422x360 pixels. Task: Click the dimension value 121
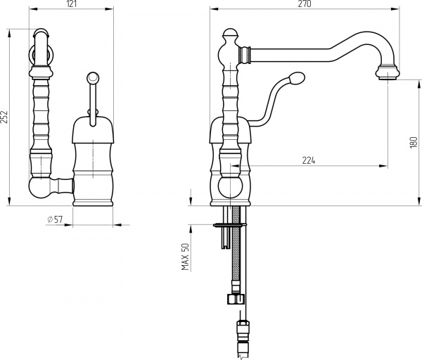pyautogui.click(x=71, y=4)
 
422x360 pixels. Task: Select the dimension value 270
pyautogui.click(x=305, y=4)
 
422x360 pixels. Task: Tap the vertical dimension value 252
pyautogui.click(x=4, y=117)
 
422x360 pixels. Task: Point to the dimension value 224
pyautogui.click(x=309, y=160)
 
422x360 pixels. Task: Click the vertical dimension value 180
pyautogui.click(x=414, y=143)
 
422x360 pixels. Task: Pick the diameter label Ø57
pyautogui.click(x=55, y=219)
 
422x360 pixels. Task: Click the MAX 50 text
pyautogui.click(x=186, y=257)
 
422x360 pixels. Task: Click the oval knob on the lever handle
pyautogui.click(x=297, y=78)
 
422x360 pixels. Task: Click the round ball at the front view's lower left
pyautogui.click(x=39, y=188)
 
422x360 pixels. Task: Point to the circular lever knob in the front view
pyautogui.click(x=93, y=78)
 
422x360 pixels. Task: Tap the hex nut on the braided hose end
pyautogui.click(x=236, y=299)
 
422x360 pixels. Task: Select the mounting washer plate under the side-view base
pyautogui.click(x=229, y=225)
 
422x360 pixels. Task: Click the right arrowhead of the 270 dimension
pyautogui.click(x=395, y=9)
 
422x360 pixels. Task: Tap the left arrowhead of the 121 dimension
pyautogui.click(x=33, y=9)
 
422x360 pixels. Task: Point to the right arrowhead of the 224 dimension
pyautogui.click(x=383, y=166)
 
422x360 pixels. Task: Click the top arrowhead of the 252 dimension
pyautogui.click(x=9, y=34)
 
